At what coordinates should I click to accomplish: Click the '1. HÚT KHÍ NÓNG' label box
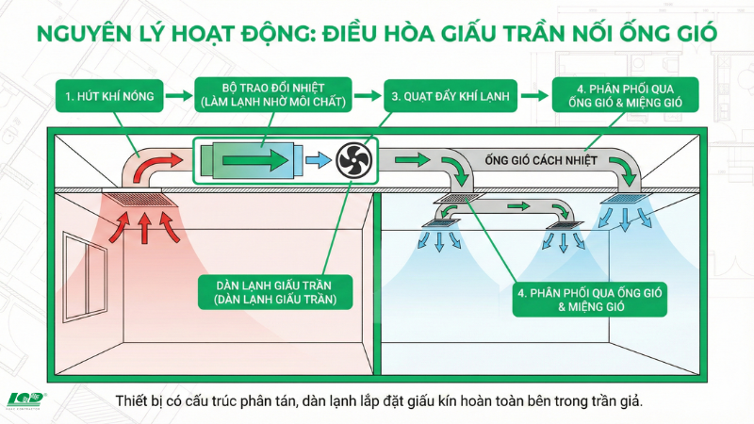109,96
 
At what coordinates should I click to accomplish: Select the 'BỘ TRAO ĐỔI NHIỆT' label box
273,95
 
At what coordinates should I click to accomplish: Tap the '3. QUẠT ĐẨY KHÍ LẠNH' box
451,96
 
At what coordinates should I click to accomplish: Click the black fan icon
354,160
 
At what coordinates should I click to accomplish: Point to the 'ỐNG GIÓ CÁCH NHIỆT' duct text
541,160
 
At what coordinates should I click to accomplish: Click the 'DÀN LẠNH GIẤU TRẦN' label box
275,292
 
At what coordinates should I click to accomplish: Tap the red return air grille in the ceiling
139,201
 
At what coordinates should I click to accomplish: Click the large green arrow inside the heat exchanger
255,160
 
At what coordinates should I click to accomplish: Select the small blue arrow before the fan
318,160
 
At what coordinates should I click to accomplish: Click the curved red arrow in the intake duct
155,167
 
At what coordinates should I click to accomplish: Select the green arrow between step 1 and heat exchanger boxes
179,95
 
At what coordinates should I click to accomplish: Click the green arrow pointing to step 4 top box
534,95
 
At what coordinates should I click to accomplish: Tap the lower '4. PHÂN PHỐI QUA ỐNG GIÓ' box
590,299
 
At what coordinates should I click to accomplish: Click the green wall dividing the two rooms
377,285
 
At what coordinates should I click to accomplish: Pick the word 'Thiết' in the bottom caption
131,401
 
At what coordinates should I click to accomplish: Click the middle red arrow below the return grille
144,228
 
